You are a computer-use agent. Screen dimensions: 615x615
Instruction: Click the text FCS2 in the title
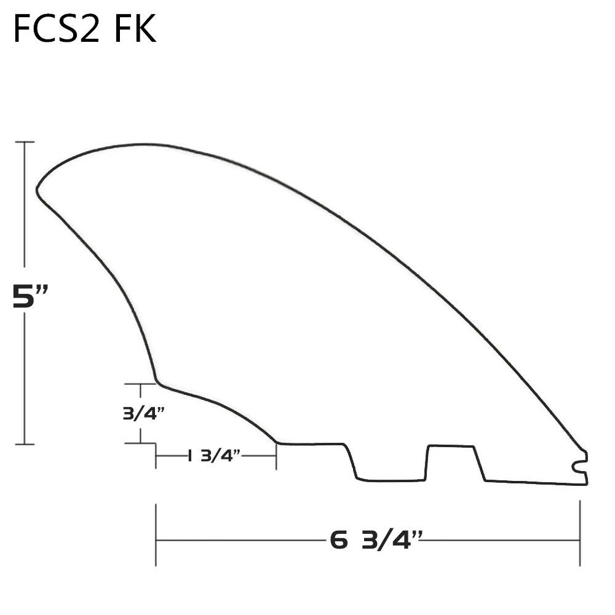click(55, 30)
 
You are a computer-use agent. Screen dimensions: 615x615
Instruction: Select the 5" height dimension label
click(31, 297)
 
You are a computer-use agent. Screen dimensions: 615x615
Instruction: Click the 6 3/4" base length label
click(376, 541)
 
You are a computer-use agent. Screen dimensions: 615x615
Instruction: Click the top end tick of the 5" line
click(25, 142)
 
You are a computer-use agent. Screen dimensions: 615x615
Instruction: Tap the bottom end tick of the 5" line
click(25, 443)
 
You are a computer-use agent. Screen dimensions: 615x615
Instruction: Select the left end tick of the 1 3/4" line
click(156, 456)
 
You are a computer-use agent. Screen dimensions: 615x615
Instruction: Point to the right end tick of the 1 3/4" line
click(276, 456)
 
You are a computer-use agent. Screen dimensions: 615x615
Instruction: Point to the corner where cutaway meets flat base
click(277, 442)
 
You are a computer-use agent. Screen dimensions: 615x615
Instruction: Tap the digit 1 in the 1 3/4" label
click(190, 456)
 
